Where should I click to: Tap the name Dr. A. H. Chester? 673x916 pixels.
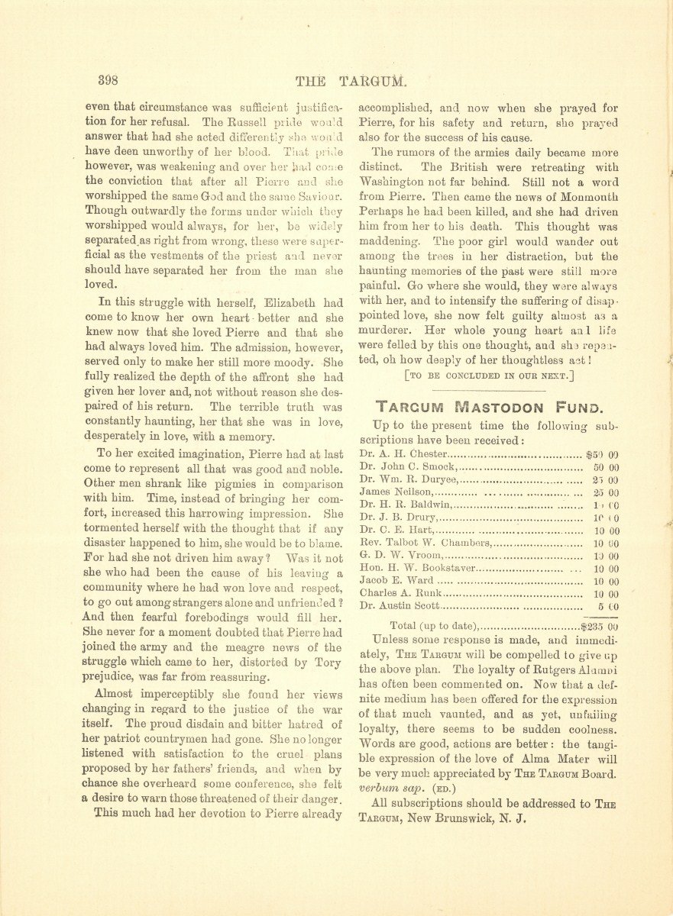396,453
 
